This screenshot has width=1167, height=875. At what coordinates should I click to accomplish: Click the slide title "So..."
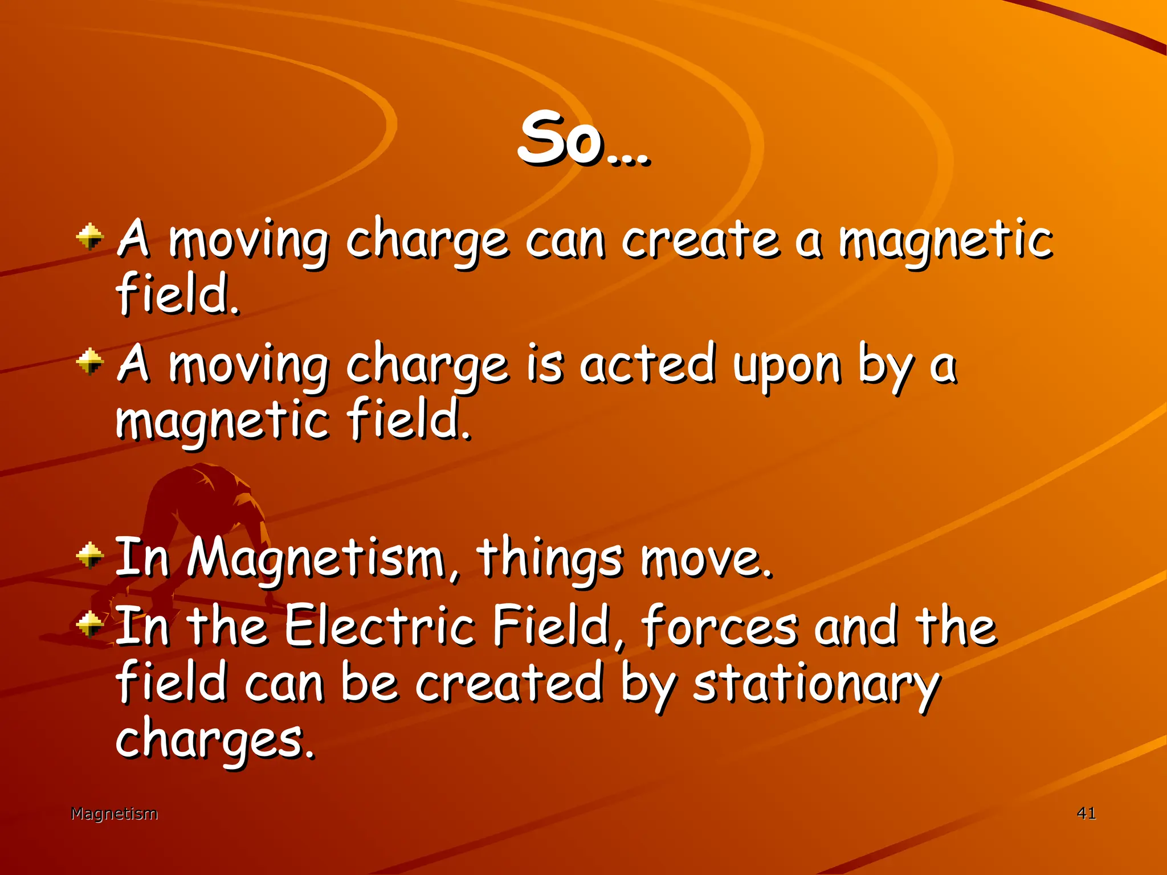[583, 140]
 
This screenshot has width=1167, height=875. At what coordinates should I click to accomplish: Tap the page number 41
[1086, 813]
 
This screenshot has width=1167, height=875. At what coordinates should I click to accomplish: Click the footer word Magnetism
[114, 813]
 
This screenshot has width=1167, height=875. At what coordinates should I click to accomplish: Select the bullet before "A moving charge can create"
[90, 237]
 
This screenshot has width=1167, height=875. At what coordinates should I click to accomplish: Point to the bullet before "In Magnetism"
[90, 555]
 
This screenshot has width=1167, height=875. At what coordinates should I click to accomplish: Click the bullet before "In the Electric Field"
[90, 624]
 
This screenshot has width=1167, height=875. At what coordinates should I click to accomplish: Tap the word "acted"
[647, 365]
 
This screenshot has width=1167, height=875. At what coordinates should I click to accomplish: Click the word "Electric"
[380, 627]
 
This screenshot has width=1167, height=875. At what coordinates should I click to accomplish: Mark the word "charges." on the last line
[215, 739]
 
